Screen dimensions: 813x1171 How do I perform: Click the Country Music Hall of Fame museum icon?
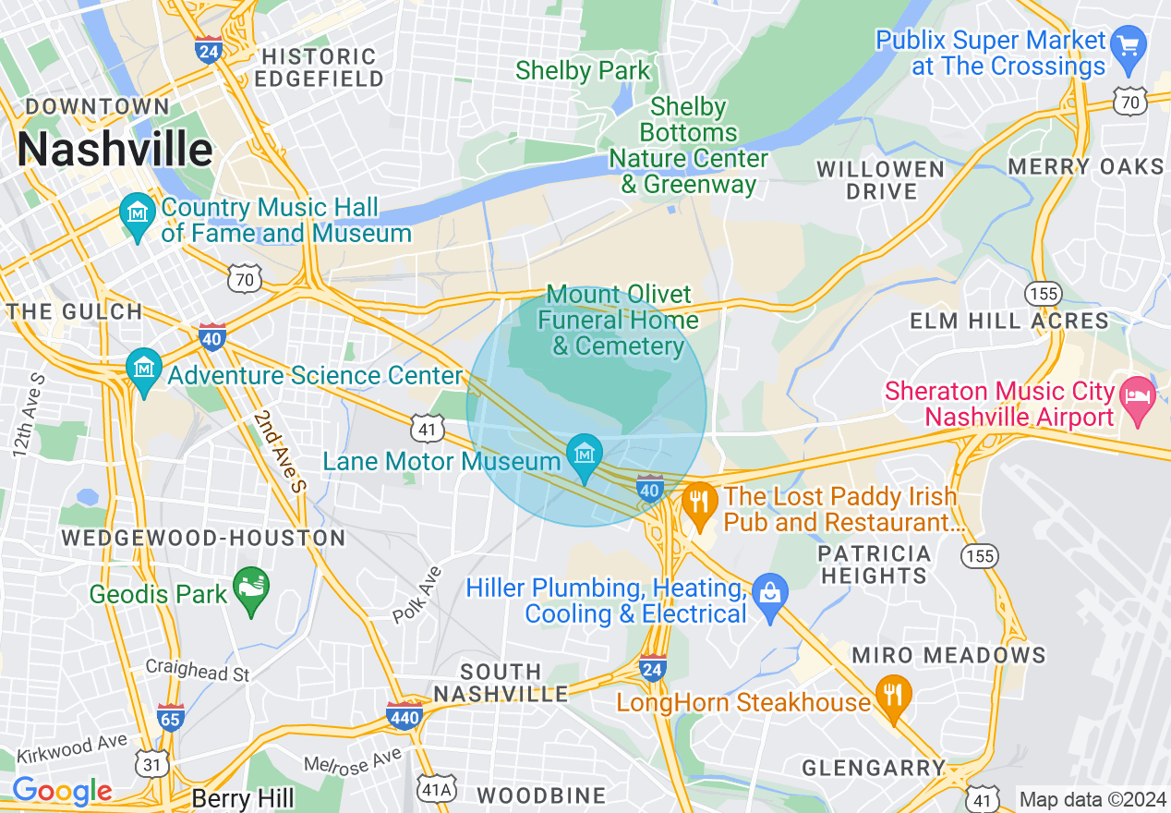pos(138,213)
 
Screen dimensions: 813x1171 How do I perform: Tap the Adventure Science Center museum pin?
pos(143,368)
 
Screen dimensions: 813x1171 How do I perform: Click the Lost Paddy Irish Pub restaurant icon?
pos(699,503)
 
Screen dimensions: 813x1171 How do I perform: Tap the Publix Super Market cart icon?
pos(1128,44)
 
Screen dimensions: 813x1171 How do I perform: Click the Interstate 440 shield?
pos(404,714)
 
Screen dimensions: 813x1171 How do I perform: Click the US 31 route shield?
pos(151,763)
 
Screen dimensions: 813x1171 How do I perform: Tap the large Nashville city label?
pos(115,149)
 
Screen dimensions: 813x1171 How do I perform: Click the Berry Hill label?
pos(243,798)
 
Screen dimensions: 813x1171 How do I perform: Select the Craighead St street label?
pos(198,670)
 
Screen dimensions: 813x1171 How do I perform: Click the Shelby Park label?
pos(583,70)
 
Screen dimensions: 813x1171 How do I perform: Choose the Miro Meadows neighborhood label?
pos(948,655)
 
